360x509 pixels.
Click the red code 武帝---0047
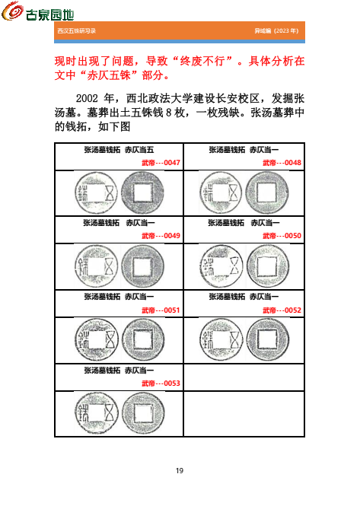click(x=161, y=163)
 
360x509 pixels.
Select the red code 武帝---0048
click(x=282, y=163)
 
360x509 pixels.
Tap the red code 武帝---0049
click(x=161, y=236)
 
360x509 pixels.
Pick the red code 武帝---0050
click(x=282, y=236)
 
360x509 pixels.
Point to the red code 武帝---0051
click(x=161, y=310)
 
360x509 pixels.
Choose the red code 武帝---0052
click(x=282, y=310)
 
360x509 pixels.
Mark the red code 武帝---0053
click(x=161, y=383)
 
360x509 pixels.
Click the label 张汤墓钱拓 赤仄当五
click(x=119, y=151)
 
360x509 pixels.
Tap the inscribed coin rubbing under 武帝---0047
click(x=93, y=191)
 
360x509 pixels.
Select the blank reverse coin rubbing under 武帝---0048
click(x=266, y=191)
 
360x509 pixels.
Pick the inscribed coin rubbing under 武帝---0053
click(x=93, y=412)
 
